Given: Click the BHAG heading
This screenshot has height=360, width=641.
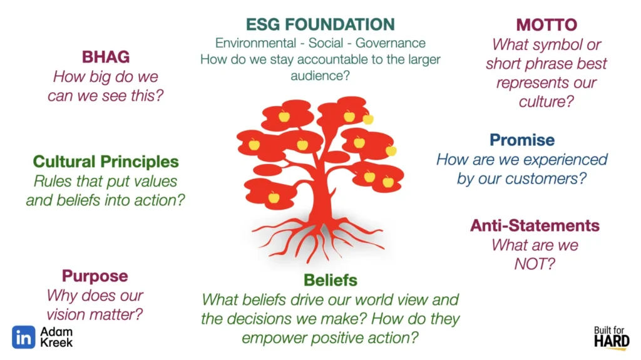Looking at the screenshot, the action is click(105, 57).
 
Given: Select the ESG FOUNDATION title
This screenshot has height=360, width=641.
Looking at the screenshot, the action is click(320, 24).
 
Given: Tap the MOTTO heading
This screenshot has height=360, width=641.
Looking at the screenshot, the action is click(546, 25).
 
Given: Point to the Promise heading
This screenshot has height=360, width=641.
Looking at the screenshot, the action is click(522, 140).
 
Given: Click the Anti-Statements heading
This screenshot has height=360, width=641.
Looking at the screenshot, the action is click(535, 225).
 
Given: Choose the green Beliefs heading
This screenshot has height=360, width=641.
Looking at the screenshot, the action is click(331, 280).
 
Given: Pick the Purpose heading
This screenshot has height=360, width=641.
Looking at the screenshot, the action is click(95, 276).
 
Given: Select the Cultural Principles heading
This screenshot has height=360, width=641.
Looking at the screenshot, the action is click(106, 162).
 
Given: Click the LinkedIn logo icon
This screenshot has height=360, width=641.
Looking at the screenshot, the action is click(23, 337).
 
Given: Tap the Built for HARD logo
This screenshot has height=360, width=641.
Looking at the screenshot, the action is click(612, 338).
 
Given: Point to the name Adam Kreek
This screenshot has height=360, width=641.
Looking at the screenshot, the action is click(56, 337).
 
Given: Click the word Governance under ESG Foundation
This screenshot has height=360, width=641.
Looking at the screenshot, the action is click(391, 43).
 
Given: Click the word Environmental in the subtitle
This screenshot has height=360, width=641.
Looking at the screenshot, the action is click(255, 43).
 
